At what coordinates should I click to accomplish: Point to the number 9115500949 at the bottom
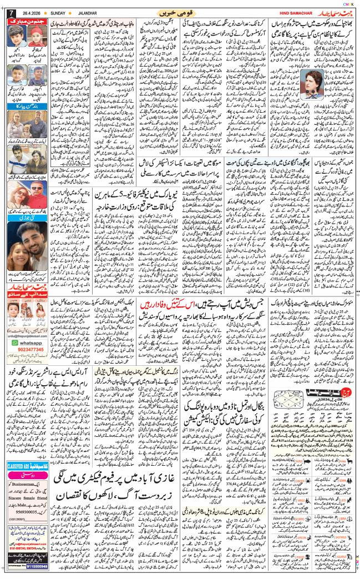click(35, 567)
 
